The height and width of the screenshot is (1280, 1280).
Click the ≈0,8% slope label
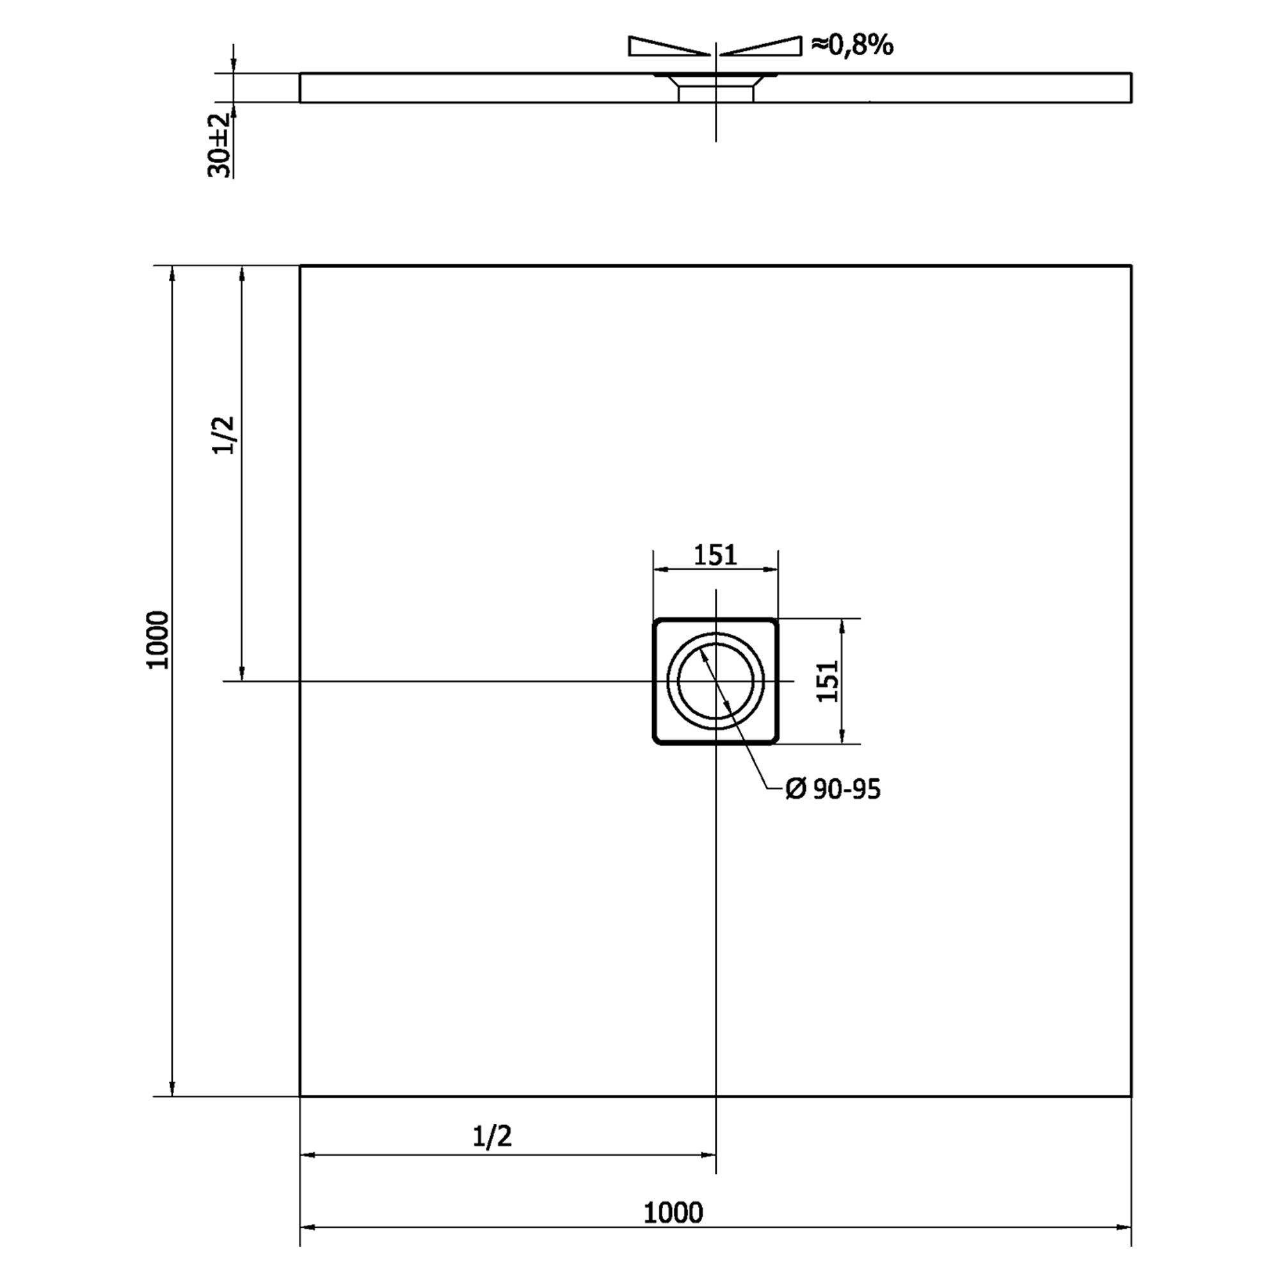852,45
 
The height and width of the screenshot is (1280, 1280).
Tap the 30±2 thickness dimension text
221,145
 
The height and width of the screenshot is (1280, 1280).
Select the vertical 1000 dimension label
159,641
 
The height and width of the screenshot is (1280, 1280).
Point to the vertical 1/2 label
225,435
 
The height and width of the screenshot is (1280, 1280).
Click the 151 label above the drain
716,555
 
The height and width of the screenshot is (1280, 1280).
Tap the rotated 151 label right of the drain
828,682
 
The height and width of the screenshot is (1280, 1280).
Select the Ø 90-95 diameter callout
833,789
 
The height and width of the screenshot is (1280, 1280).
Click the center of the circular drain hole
716,681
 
